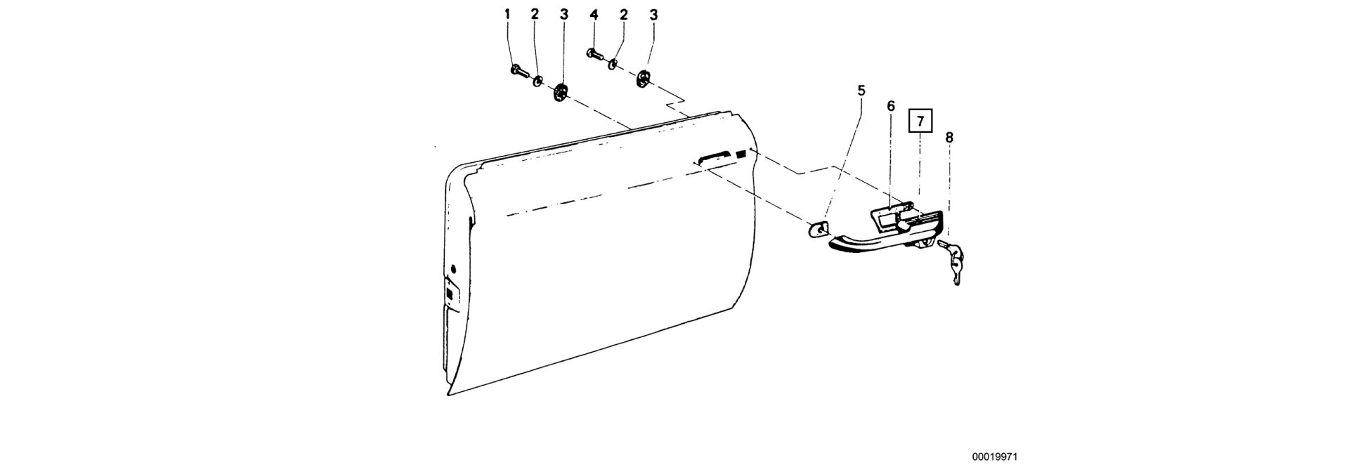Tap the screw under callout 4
click(x=594, y=53)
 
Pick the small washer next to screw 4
click(x=613, y=65)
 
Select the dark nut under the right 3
click(x=644, y=79)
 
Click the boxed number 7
click(x=920, y=121)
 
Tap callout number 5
click(x=861, y=91)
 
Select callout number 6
click(x=891, y=107)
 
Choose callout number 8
click(x=949, y=137)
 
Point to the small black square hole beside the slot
click(x=742, y=155)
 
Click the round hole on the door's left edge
click(x=453, y=268)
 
